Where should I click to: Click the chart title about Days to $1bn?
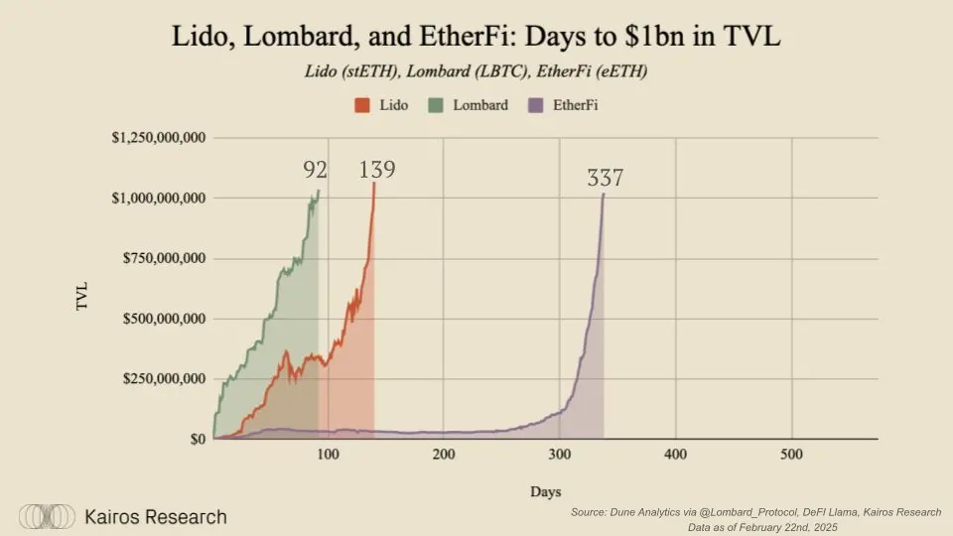[476, 38]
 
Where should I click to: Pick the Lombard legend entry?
[471, 104]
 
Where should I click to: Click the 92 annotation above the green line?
[316, 170]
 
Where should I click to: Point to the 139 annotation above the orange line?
[377, 170]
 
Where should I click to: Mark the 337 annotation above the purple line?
[605, 179]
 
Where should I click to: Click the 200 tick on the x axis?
[444, 455]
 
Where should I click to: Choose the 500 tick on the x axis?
[791, 455]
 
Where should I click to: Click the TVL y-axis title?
[83, 296]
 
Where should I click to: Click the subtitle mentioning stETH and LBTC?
[476, 72]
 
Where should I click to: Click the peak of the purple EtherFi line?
[604, 194]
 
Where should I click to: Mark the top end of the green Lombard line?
[319, 190]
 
